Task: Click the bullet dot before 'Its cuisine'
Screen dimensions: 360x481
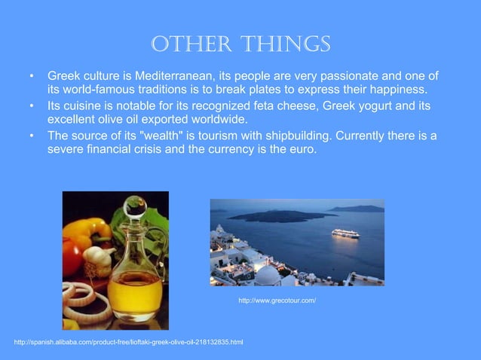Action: [32, 106]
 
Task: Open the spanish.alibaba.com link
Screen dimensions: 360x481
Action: [128, 343]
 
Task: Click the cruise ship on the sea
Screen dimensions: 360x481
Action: [345, 233]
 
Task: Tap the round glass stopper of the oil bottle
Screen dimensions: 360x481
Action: [136, 204]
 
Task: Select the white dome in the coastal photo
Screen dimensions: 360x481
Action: [267, 276]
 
